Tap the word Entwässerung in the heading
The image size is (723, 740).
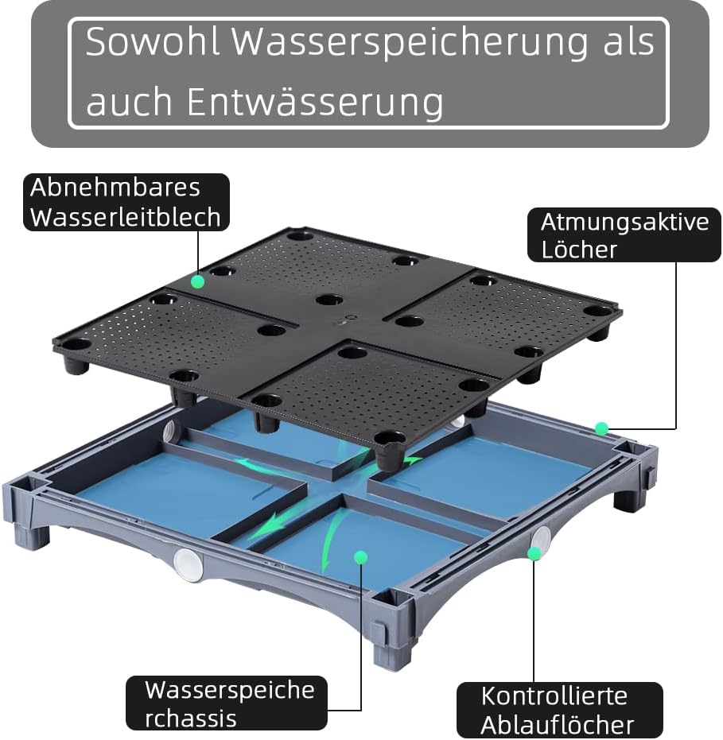[x=315, y=102]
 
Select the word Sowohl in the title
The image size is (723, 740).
[x=153, y=43]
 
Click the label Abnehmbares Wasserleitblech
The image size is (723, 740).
[x=126, y=203]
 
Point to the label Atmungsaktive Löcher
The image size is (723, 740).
[x=624, y=235]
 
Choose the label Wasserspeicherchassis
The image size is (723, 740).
[x=226, y=703]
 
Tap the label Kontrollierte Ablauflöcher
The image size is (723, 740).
[x=559, y=710]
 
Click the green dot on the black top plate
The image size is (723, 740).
[x=198, y=281]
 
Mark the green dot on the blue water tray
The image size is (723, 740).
[x=360, y=557]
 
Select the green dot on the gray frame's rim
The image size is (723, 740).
[x=602, y=429]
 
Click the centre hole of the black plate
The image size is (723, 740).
[x=329, y=300]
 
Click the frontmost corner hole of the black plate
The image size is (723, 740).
[x=390, y=438]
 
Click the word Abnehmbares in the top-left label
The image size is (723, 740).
[x=115, y=188]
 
